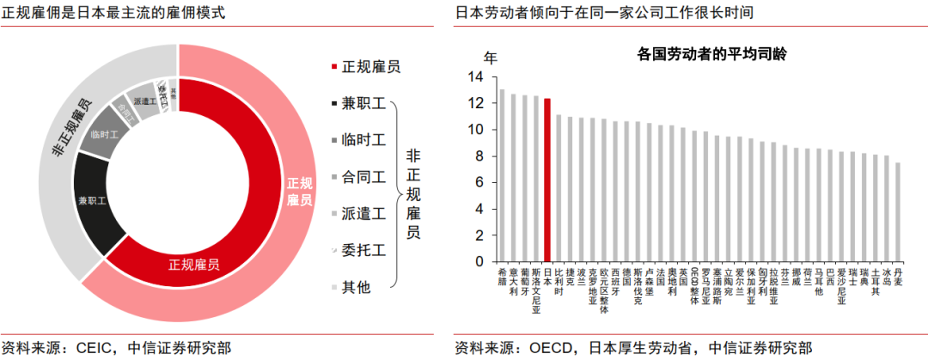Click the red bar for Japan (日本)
[x=547, y=180]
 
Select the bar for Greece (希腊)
[x=503, y=175]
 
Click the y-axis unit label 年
[x=490, y=58]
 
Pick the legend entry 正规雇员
[x=370, y=66]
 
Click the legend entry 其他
[x=356, y=287]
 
